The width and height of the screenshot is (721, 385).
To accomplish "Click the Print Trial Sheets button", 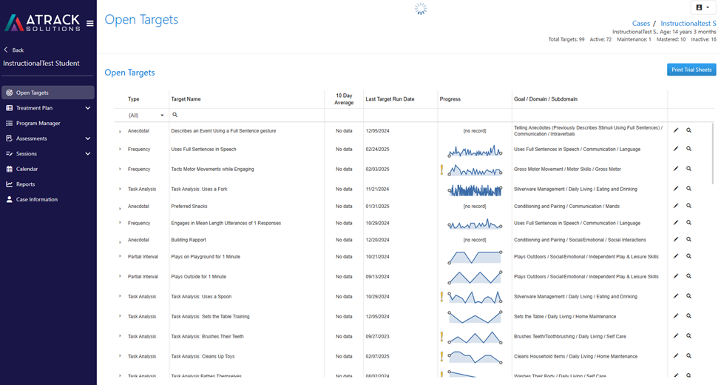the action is click(691, 70).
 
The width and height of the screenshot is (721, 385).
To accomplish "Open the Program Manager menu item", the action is click(38, 123).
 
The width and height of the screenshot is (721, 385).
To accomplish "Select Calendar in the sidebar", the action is click(27, 169).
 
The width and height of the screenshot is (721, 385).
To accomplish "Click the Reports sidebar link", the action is click(25, 184).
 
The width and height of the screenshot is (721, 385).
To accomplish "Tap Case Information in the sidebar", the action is click(37, 199).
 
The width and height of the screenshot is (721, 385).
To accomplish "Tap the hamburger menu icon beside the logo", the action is click(89, 23).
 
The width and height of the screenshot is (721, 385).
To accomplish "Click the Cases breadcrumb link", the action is click(640, 23).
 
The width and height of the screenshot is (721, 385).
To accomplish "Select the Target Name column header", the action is click(186, 99).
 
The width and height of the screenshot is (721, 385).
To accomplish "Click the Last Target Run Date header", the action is click(390, 99).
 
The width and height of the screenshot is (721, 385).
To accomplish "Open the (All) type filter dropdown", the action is click(146, 115).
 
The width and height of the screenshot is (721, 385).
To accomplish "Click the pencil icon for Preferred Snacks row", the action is click(676, 206).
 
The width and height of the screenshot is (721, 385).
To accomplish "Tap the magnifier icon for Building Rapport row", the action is click(688, 239).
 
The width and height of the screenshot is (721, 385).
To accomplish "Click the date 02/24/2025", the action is click(378, 150).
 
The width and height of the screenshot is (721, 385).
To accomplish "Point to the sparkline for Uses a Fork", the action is click(475, 190).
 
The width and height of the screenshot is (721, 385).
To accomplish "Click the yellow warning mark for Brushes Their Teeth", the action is click(442, 337).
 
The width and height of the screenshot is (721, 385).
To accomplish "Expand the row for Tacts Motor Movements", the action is click(120, 169).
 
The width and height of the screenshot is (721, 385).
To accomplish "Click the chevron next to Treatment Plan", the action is click(88, 108).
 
